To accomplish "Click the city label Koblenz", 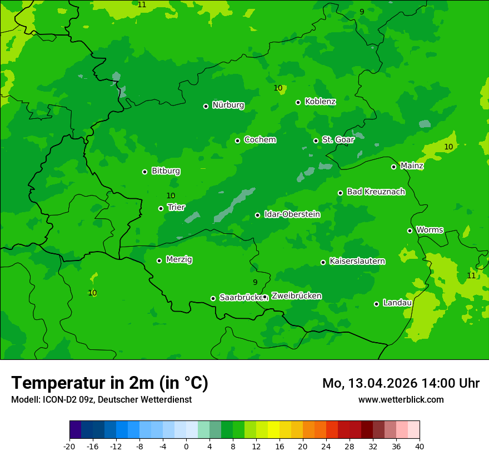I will (x=320, y=102).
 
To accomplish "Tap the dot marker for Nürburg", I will (x=206, y=106).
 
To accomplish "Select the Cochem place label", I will (x=260, y=140).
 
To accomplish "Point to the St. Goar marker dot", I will (x=316, y=141).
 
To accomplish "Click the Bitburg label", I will (x=166, y=171).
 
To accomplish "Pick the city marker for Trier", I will (x=161, y=208).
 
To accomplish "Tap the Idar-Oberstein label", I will (x=292, y=214).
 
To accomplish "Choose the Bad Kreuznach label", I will (x=376, y=192).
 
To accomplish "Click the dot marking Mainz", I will (x=393, y=167).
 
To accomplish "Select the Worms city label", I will (x=430, y=230).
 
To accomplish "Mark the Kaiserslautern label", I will (x=357, y=261).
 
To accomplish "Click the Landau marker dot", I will (x=376, y=304).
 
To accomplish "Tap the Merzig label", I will (x=179, y=259).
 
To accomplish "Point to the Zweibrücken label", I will (x=296, y=296).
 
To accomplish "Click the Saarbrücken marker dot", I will (x=213, y=298).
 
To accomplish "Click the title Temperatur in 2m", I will (x=109, y=383).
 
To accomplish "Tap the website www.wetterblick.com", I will (x=401, y=400).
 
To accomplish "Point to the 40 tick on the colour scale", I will (x=419, y=447).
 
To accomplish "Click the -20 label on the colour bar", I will (x=69, y=447).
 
